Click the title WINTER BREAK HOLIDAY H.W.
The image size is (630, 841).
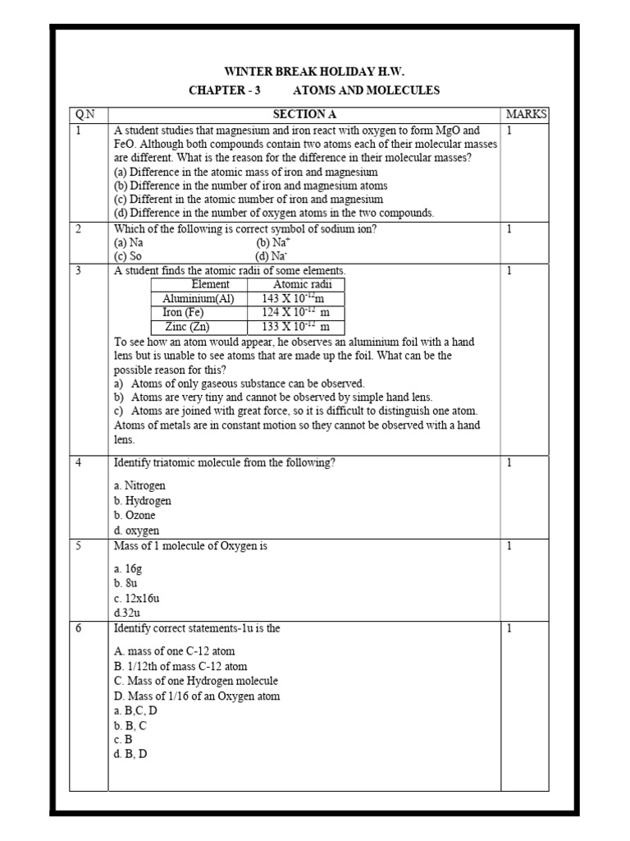pos(315,71)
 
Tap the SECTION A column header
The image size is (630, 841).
pos(304,114)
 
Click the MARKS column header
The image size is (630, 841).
pos(527,114)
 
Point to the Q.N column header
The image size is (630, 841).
pos(85,114)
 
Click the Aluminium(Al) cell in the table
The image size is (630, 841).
pos(199,299)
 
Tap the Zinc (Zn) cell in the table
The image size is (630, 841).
pos(188,327)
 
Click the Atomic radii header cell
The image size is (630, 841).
pos(296,284)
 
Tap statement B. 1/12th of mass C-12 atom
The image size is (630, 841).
pos(180,666)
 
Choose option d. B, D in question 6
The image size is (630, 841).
pos(131,755)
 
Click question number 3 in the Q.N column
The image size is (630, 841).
pos(79,270)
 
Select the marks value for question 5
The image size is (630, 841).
pos(509,546)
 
